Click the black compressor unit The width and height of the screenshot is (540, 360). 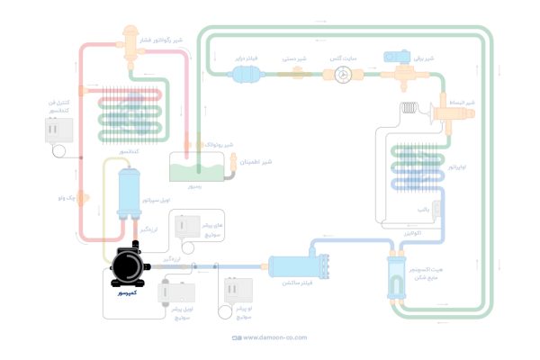126,267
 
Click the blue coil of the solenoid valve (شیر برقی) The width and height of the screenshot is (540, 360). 396,58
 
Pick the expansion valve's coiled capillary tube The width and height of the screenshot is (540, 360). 412,111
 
